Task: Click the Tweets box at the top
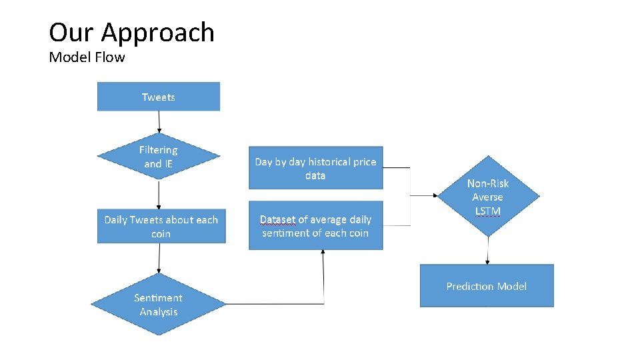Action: (x=159, y=97)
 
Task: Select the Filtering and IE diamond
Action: (x=159, y=157)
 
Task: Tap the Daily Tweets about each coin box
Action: (x=161, y=227)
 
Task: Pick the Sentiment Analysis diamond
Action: (x=159, y=305)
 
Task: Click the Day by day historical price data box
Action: (x=315, y=168)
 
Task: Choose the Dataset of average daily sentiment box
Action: (x=315, y=226)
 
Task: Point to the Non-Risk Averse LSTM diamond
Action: (x=488, y=197)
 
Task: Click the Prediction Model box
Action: (x=486, y=286)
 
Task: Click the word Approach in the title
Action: (x=157, y=33)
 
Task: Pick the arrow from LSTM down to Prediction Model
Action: (x=488, y=251)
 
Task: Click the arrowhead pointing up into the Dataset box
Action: (x=323, y=253)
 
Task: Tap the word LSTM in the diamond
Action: (x=488, y=211)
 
